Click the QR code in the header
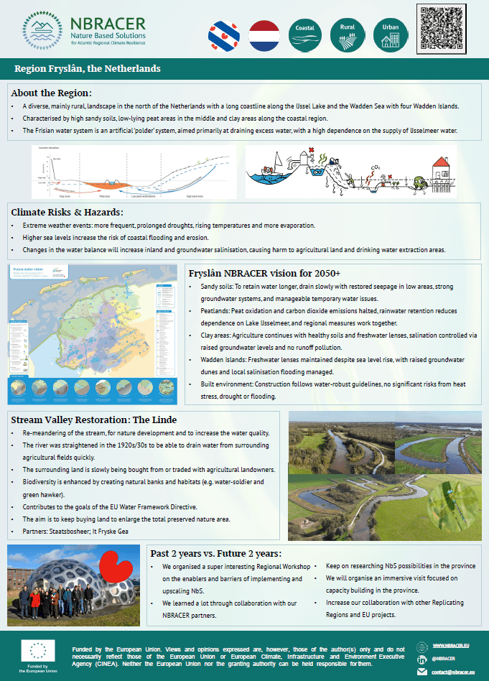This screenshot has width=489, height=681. [x=446, y=28]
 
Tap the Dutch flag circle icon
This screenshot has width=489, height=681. [x=264, y=32]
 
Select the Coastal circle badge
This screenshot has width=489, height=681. [x=307, y=32]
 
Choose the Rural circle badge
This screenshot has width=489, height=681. [x=348, y=32]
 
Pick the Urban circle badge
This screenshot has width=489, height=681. [x=390, y=32]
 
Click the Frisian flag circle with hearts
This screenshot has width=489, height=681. [x=223, y=32]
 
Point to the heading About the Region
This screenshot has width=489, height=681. [x=52, y=93]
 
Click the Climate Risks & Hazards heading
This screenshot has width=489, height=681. [x=67, y=212]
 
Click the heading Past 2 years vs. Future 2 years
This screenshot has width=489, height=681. [x=226, y=554]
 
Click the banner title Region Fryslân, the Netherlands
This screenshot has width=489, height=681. [x=88, y=69]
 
